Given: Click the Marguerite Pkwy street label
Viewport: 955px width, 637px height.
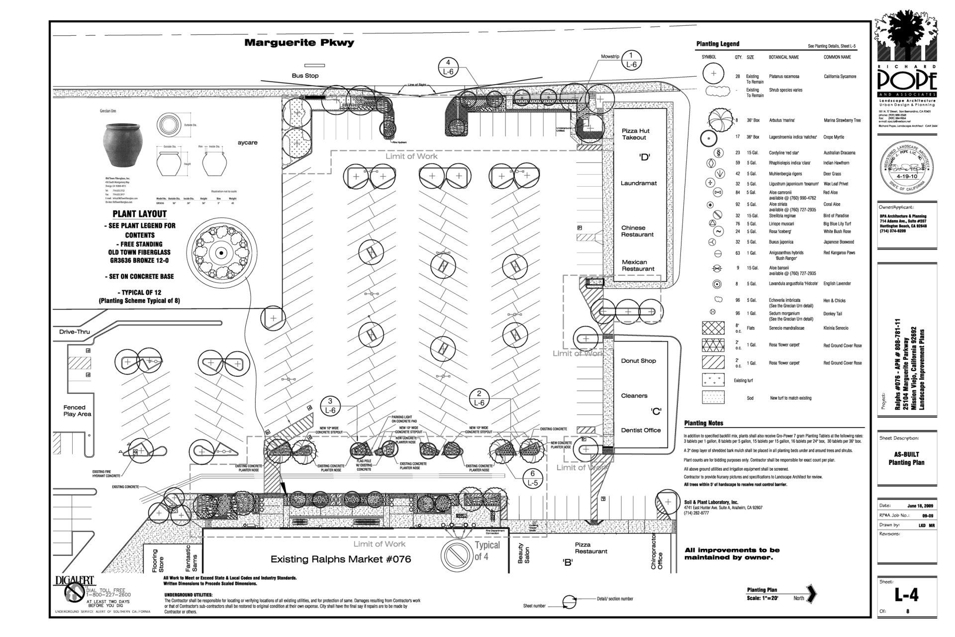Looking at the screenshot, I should [x=299, y=43].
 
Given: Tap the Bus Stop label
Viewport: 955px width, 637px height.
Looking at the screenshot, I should [x=305, y=76].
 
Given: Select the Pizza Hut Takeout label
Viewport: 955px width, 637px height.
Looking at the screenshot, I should [x=635, y=134].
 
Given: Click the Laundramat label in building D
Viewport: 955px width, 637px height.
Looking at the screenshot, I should [x=638, y=183].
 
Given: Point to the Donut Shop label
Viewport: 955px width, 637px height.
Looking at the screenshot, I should [x=638, y=361].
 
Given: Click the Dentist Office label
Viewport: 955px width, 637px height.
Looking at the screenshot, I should [x=641, y=430].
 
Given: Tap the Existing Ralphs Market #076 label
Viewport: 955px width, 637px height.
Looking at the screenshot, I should [x=341, y=559].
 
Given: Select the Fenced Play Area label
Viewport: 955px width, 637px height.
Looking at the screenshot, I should [x=77, y=411].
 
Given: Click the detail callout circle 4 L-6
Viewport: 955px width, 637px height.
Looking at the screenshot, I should [x=448, y=67].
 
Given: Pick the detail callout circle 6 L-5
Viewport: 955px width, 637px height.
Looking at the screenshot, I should [x=533, y=478].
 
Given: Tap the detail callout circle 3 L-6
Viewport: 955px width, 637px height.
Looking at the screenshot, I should [x=330, y=406].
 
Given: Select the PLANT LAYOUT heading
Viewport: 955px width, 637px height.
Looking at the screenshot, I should [x=139, y=214].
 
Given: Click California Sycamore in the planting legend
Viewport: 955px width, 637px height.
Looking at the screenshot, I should [x=840, y=77].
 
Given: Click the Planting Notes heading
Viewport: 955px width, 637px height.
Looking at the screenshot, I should [x=703, y=423].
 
